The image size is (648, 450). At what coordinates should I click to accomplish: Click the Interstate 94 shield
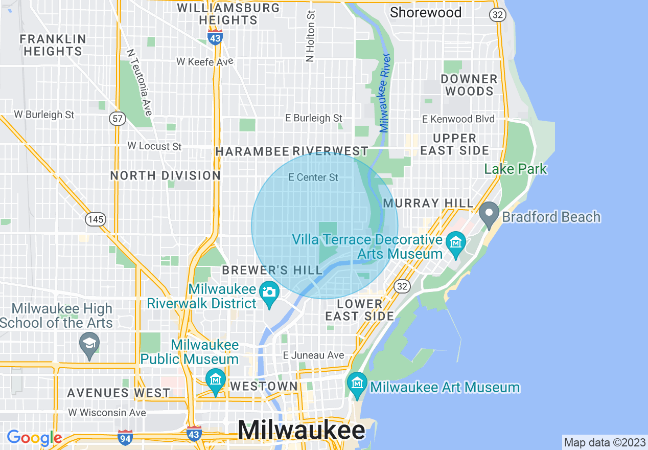coord(125,437)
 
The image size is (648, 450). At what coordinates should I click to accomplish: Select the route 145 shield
coord(96,219)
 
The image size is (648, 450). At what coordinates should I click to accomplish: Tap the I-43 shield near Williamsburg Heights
coord(215,38)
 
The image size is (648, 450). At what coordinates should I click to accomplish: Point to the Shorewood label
coord(426,12)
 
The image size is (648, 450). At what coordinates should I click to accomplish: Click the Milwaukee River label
coord(385,93)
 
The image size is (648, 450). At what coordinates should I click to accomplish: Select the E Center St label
coord(313,177)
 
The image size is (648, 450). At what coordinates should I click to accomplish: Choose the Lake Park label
coord(516,169)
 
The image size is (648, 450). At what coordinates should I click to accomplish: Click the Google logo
coord(34,438)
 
